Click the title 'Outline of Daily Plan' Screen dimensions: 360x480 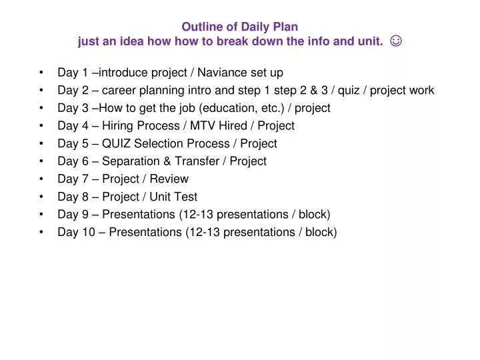pyautogui.click(x=240, y=27)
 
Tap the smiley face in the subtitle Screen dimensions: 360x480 pyautogui.click(x=396, y=42)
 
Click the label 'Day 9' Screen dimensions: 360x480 pyautogui.click(x=72, y=215)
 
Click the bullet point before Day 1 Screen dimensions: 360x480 pyautogui.click(x=42, y=72)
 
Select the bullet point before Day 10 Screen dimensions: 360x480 pyautogui.click(x=42, y=232)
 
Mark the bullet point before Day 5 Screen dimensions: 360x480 pyautogui.click(x=42, y=143)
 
